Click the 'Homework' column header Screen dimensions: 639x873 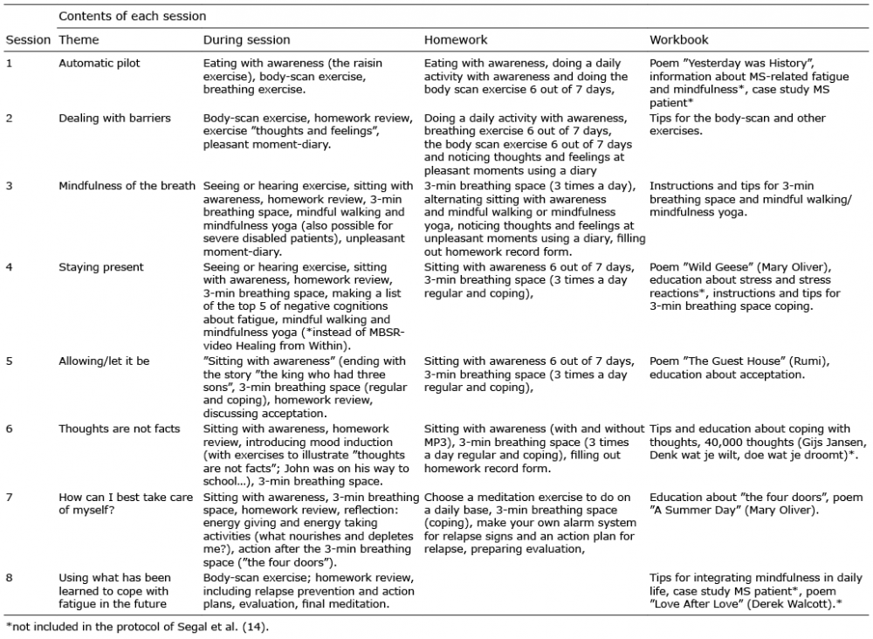[456, 40]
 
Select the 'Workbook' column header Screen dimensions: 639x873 [679, 40]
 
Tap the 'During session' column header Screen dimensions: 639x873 [246, 40]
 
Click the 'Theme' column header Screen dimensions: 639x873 [79, 40]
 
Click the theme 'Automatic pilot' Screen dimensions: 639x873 [99, 64]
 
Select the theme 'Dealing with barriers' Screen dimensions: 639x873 [114, 118]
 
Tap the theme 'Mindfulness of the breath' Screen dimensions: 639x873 [128, 186]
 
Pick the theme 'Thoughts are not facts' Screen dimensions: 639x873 [120, 428]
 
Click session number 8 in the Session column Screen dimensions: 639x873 [9, 578]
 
